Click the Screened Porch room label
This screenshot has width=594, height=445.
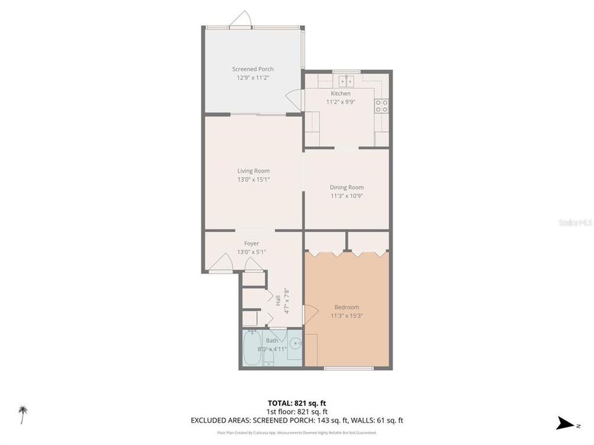pos(252,69)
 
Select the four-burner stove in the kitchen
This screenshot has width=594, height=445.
pos(382,106)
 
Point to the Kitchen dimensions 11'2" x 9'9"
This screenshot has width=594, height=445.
pos(340,102)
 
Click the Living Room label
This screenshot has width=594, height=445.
pos(253,171)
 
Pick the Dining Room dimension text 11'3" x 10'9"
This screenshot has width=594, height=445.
pos(346,196)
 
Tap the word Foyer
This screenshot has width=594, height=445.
pos(251,244)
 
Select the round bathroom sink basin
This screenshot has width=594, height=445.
pos(296,344)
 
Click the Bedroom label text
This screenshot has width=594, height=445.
pos(346,307)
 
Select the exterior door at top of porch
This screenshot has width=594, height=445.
pos(240,20)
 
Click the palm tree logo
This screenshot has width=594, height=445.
pos(23,413)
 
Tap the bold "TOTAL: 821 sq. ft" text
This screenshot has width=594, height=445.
pos(296,402)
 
